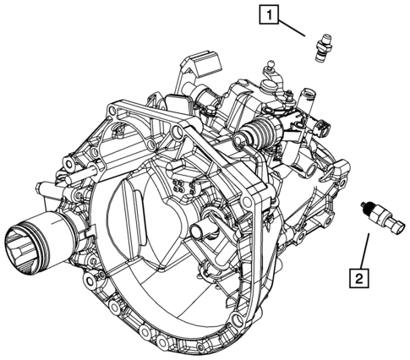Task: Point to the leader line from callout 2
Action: [364, 248]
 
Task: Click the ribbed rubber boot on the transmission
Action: [258, 134]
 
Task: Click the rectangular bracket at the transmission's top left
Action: [193, 67]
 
